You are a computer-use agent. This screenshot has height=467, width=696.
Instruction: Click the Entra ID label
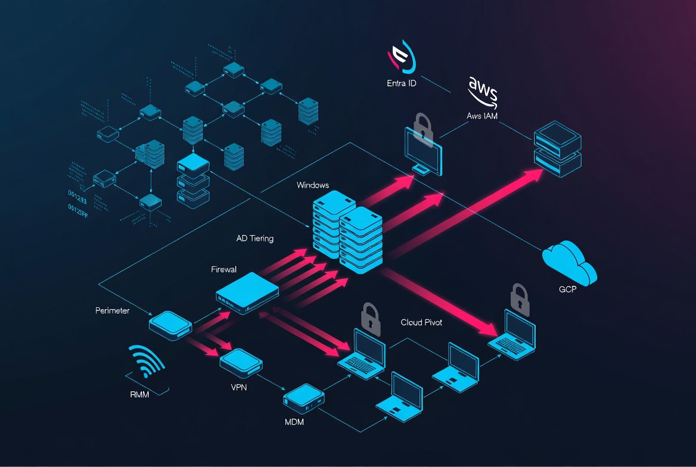click(x=401, y=83)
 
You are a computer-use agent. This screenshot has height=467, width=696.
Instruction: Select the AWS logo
click(x=482, y=91)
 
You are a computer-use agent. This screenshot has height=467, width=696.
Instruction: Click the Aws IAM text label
click(x=482, y=116)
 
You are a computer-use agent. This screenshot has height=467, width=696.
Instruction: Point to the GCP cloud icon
click(x=569, y=263)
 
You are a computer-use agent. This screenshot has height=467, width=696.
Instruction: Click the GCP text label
click(x=568, y=289)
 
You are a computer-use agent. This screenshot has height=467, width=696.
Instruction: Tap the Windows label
click(x=312, y=185)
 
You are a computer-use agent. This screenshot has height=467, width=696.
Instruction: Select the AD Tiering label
click(x=255, y=238)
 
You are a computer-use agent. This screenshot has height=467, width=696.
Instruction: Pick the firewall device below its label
click(x=247, y=292)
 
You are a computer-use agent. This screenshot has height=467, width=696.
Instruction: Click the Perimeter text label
click(x=112, y=310)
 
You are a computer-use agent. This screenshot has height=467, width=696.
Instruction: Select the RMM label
click(x=139, y=394)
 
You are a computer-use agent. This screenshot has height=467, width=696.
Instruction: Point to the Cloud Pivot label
click(x=421, y=322)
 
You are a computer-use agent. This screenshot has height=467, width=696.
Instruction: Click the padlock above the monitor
click(x=422, y=126)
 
